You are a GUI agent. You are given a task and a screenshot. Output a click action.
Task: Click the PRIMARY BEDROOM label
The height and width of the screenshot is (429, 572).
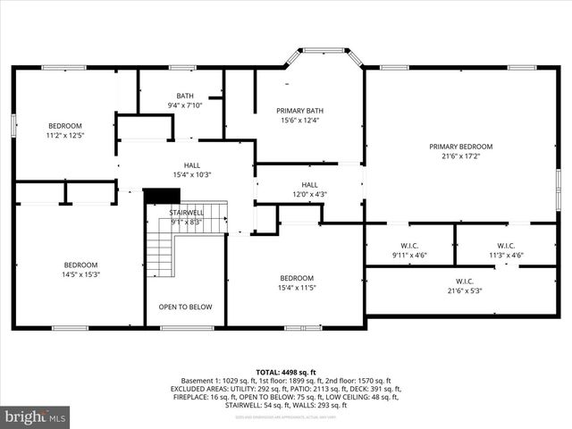pyautogui.click(x=460, y=147)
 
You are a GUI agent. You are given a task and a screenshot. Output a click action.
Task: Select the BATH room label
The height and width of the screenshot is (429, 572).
pyautogui.click(x=185, y=96)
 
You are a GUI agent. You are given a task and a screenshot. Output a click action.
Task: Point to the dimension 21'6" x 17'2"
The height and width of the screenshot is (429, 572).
pyautogui.click(x=460, y=156)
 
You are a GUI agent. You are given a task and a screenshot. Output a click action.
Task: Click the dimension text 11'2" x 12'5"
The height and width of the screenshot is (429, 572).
pyautogui.click(x=65, y=136)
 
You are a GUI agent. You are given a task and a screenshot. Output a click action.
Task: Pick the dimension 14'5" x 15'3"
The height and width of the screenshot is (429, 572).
pyautogui.click(x=80, y=274)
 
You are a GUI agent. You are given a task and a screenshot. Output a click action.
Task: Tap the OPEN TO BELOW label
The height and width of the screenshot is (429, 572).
pyautogui.click(x=186, y=307)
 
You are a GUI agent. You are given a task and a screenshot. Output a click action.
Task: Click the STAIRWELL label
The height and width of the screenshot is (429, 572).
pyautogui.click(x=187, y=213)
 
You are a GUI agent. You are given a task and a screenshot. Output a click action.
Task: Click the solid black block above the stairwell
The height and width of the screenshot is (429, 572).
pyautogui.click(x=162, y=196)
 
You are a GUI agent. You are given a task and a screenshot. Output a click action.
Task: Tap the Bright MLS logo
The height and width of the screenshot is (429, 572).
pyautogui.click(x=36, y=416)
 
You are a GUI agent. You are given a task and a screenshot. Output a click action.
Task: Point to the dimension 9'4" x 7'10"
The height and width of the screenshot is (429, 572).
pyautogui.click(x=185, y=105)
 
